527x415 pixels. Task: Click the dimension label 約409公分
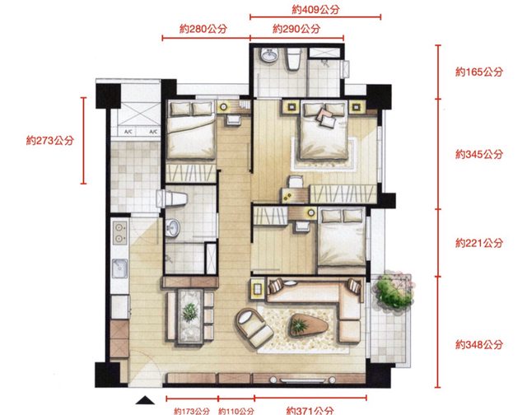(x=315, y=9)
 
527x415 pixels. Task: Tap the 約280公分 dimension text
(x=203, y=29)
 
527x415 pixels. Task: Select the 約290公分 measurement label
(x=296, y=29)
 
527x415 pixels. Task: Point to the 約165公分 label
(x=479, y=72)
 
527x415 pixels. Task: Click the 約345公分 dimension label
(x=479, y=154)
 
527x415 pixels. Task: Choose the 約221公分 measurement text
(x=479, y=243)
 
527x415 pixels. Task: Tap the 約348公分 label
(x=479, y=344)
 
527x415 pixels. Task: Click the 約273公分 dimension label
(x=49, y=140)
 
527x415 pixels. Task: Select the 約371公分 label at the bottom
(x=310, y=410)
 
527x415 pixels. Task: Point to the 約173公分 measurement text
(x=192, y=411)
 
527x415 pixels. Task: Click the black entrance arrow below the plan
(x=145, y=400)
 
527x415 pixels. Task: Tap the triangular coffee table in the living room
(x=308, y=324)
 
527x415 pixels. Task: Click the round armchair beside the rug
(x=254, y=327)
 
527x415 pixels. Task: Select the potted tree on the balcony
(x=394, y=291)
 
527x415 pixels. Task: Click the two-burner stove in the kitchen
(x=119, y=233)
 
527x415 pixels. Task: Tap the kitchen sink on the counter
(x=119, y=268)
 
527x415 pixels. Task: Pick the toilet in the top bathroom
(x=293, y=58)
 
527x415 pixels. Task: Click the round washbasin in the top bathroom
(x=269, y=55)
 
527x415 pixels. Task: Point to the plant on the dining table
(x=190, y=312)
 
